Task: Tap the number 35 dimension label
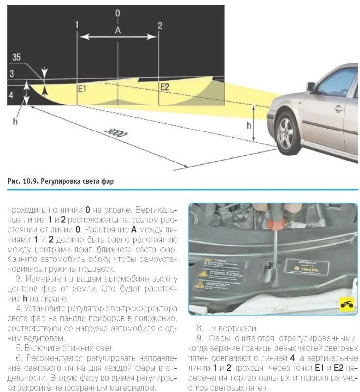(x=16, y=58)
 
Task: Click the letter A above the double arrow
(x=118, y=30)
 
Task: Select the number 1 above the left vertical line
(x=77, y=25)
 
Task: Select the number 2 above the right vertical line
(x=159, y=25)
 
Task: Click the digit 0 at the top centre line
(x=118, y=13)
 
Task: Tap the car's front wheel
(x=288, y=133)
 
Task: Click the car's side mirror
(x=311, y=87)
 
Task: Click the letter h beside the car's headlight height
(x=249, y=125)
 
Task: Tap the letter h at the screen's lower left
(x=15, y=120)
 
